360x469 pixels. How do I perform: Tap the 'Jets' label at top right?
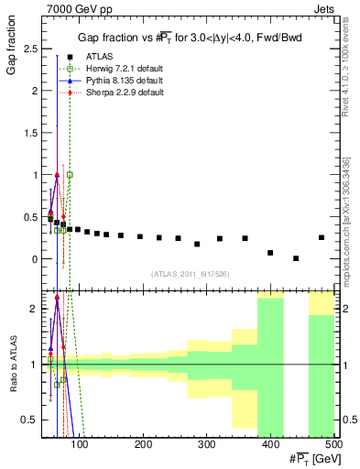[x=325, y=7]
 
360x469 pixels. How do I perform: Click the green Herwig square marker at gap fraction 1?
[x=70, y=174]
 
